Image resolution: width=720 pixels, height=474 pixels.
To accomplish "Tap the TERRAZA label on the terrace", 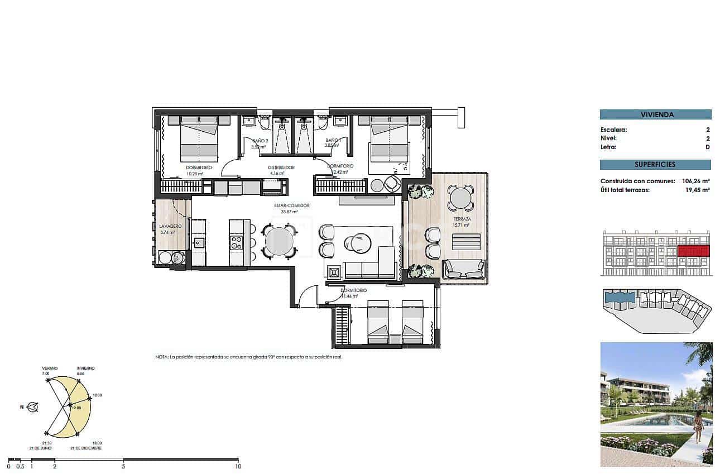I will point(462,219).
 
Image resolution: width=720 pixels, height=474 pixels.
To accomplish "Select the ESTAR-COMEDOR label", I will point(291,205).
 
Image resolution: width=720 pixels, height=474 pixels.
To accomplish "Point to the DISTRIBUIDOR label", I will point(281,167).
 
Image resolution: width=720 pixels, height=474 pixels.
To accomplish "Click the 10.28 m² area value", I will point(194,174).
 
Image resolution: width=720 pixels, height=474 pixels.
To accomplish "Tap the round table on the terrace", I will point(461,198).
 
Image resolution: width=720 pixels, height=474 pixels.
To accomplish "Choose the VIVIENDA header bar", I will point(655,114).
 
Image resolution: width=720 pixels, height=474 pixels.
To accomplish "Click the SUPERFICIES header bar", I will point(655,165).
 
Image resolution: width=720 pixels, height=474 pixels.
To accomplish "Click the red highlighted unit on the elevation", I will point(693,251).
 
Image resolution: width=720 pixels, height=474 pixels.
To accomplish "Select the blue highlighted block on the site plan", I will point(620,298).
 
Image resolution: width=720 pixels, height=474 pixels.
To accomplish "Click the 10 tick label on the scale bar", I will point(238,466).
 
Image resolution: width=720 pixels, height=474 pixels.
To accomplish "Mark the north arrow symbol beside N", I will point(34,407).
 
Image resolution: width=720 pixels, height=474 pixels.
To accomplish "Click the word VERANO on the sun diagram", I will point(50,368).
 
